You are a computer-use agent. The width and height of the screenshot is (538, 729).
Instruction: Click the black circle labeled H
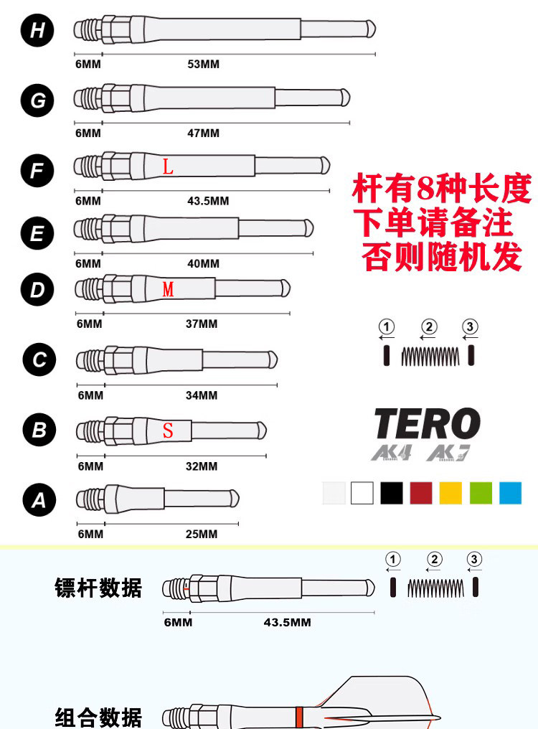37,31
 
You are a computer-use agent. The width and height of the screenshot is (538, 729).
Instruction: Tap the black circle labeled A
38,500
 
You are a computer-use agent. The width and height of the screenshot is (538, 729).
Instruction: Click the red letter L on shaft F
168,168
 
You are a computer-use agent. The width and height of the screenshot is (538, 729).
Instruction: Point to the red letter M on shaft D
169,290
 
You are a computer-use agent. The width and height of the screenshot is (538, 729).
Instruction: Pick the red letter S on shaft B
168,431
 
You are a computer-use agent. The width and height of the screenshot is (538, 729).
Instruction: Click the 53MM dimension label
203,65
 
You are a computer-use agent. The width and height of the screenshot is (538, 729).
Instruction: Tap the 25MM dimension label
202,534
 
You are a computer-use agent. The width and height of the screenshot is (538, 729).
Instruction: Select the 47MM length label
203,133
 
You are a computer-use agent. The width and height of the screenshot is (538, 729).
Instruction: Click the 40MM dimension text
203,263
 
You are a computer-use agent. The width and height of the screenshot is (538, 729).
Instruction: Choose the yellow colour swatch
450,493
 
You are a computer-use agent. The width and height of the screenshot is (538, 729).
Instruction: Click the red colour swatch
421,493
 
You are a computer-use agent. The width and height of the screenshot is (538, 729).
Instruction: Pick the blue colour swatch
510,493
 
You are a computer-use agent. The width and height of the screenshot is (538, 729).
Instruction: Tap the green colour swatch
481,493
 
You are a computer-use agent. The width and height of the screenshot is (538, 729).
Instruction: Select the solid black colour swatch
392,493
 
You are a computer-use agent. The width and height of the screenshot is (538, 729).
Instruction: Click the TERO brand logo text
428,424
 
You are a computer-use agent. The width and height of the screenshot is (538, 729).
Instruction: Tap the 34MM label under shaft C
202,395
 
